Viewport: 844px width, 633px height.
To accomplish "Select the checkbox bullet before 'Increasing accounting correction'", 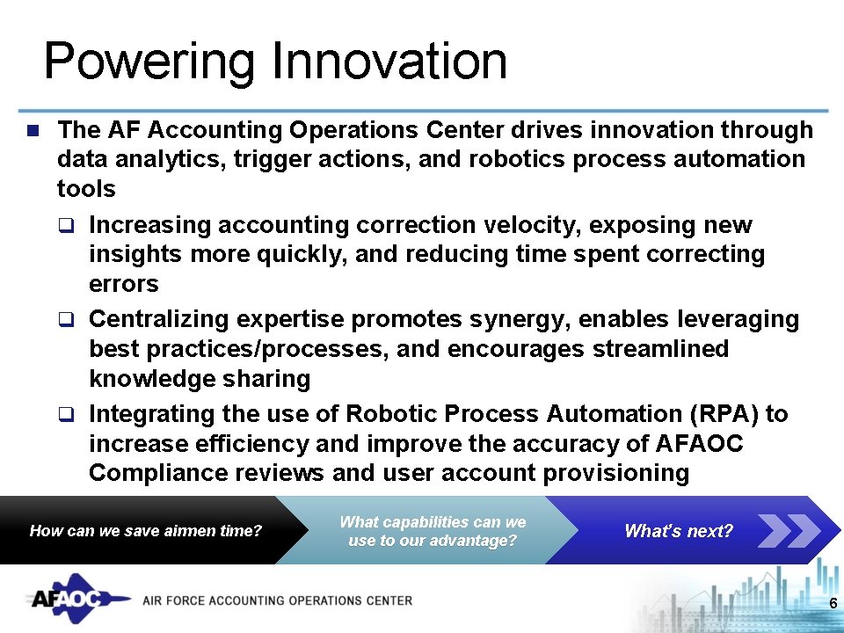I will click(65, 226).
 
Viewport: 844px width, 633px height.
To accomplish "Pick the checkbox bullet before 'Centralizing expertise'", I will click(65, 320).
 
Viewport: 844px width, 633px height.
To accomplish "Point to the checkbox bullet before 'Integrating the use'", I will click(65, 414).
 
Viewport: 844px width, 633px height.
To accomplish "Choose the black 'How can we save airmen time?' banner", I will click(146, 530).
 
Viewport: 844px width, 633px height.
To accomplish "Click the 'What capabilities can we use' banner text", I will click(433, 531).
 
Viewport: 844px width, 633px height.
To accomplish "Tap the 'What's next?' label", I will click(678, 530).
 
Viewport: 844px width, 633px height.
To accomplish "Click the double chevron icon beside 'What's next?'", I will click(788, 530).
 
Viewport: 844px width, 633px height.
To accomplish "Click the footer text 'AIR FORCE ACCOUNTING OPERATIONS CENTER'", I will click(277, 600).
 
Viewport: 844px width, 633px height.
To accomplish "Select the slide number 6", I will click(833, 603).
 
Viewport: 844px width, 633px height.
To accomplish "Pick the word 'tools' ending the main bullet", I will click(85, 189).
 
